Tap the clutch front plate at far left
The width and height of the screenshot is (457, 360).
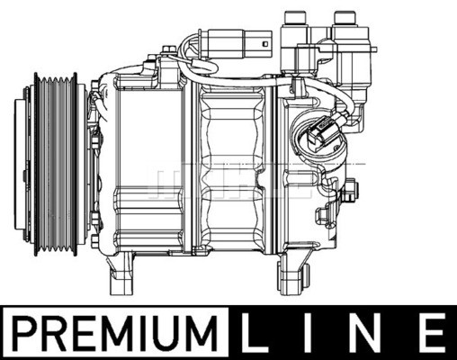25,163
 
